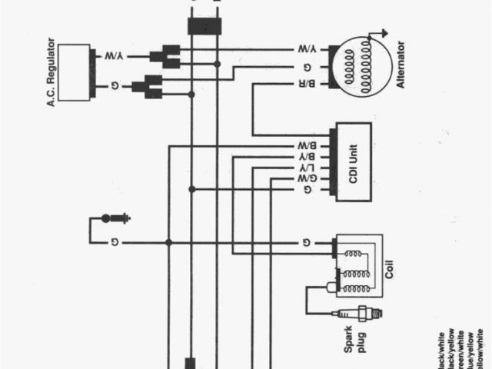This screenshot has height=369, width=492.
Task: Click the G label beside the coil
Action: tap(307, 243)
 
